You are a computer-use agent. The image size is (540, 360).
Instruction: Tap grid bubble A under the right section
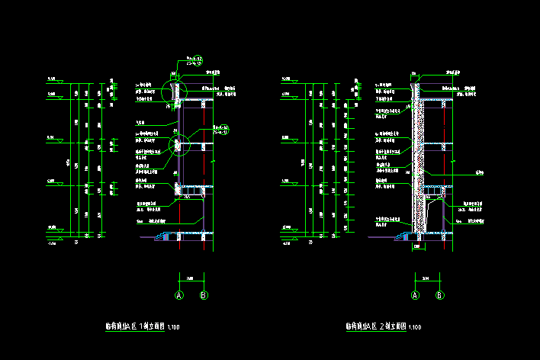[x=416, y=295]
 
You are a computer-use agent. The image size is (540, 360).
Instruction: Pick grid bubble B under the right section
[x=439, y=295]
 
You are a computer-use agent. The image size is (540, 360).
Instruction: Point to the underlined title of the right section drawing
[x=374, y=326]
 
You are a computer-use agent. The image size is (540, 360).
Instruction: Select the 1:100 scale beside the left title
[x=174, y=327]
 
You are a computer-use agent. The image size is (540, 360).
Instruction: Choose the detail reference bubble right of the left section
[x=223, y=129]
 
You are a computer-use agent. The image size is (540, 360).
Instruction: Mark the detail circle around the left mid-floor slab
[x=180, y=143]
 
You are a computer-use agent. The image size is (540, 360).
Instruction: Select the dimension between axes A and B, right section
[x=427, y=278]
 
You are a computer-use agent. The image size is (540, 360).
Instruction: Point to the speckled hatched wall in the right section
[x=418, y=168]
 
